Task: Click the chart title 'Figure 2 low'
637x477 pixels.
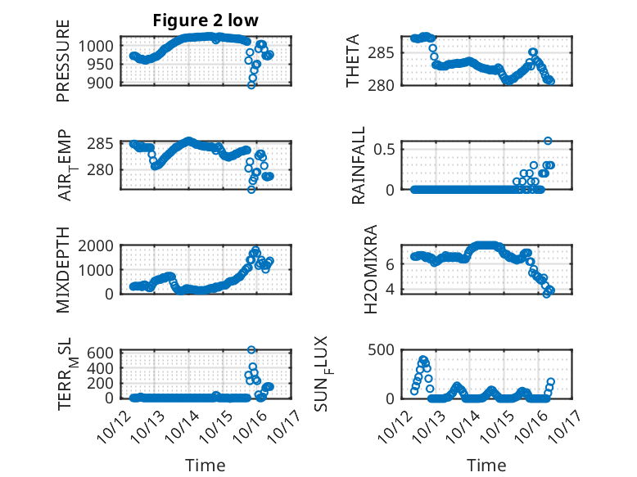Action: coord(206,21)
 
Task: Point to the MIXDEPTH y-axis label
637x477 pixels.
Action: coord(63,269)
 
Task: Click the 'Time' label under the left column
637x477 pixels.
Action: coord(206,466)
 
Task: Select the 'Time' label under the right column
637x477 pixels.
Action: coord(487,466)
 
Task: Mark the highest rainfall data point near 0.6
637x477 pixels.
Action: coord(548,141)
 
